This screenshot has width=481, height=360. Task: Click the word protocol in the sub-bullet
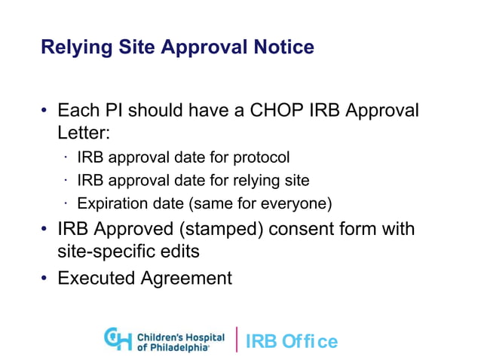click(x=260, y=158)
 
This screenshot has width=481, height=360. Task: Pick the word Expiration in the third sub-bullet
click(x=112, y=203)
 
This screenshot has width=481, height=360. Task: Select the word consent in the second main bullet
click(x=296, y=228)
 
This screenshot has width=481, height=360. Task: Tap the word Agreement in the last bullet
click(x=187, y=278)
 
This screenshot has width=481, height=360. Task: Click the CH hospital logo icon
click(x=118, y=338)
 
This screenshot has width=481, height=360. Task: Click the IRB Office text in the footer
click(x=290, y=341)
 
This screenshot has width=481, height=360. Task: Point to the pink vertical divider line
click(x=237, y=339)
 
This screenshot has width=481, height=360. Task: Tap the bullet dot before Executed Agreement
click(x=44, y=279)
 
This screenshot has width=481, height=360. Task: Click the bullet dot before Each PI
click(x=44, y=111)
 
